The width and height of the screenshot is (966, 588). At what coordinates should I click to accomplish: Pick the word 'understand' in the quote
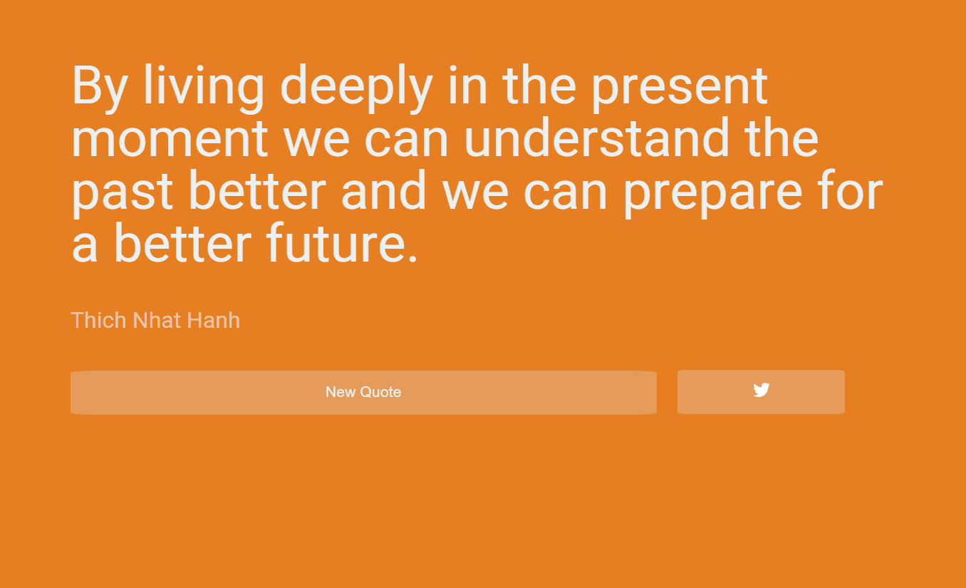596,137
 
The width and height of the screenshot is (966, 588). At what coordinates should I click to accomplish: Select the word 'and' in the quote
383,190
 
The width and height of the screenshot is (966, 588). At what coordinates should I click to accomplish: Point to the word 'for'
851,190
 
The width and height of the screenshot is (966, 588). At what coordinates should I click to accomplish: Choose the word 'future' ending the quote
336,242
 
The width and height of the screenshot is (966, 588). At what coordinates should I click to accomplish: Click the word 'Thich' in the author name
99,320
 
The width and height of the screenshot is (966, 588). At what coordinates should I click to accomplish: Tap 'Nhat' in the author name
157,320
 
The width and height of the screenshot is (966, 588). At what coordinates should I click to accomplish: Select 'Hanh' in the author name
213,320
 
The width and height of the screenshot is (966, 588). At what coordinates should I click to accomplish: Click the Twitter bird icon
761,390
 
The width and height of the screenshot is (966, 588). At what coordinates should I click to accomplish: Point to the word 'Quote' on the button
380,392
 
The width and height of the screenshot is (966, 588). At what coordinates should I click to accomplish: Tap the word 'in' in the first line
468,85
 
